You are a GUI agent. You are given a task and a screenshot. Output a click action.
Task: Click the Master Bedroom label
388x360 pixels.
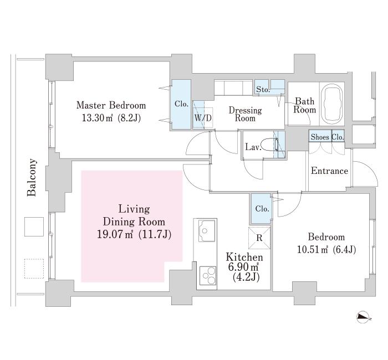click(111, 105)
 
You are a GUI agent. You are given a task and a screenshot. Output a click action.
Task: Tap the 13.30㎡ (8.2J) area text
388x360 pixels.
click(111, 117)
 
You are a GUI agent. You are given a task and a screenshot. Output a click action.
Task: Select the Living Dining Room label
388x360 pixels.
click(134, 215)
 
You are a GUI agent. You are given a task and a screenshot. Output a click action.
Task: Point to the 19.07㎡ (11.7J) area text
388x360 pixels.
click(134, 234)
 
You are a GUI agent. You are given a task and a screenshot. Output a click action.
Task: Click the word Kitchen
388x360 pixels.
click(244, 258)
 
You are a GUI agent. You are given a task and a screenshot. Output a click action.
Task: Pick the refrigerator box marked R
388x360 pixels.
click(259, 239)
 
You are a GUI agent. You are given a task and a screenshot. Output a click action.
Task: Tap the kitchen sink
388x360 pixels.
click(207, 230)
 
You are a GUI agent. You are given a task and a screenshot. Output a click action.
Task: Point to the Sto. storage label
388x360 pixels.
click(262, 89)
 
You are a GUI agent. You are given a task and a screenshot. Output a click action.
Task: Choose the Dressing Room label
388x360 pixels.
click(245, 114)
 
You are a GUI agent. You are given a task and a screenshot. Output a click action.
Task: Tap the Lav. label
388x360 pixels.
click(253, 147)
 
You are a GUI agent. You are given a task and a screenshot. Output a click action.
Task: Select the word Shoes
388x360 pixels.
click(320, 137)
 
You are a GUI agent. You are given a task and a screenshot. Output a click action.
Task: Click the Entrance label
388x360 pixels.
click(329, 171)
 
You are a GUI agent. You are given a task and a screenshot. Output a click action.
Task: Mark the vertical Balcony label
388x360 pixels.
click(32, 178)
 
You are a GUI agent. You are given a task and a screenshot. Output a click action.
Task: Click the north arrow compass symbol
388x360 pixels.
click(363, 317)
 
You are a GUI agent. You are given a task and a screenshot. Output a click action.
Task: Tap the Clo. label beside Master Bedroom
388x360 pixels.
click(181, 104)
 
